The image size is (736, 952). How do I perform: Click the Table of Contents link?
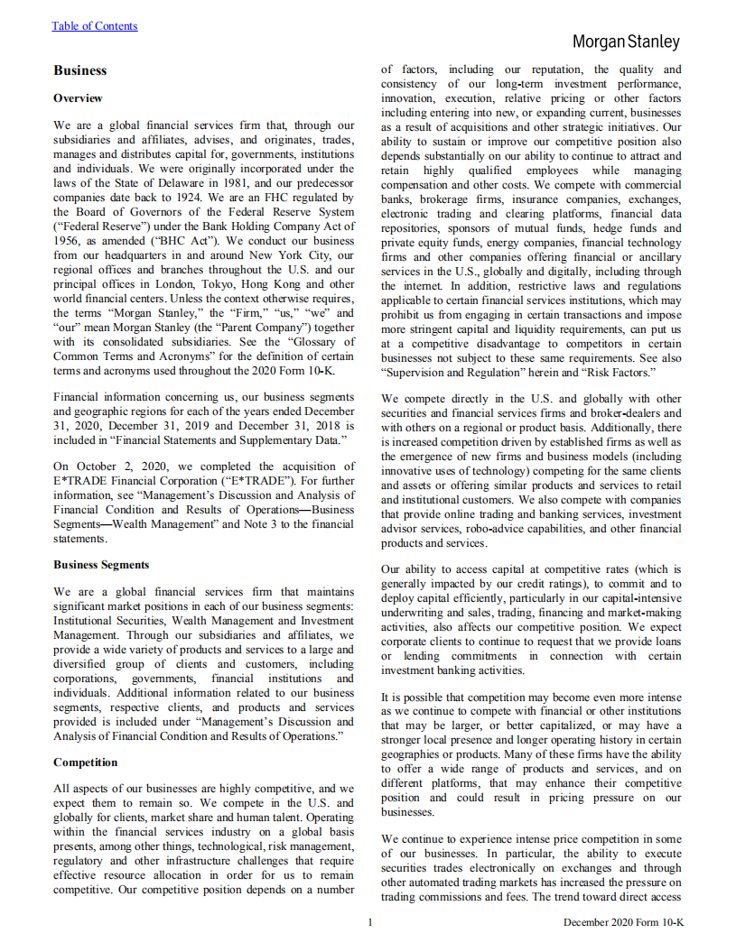(x=95, y=26)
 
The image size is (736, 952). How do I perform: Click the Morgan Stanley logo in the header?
(x=626, y=42)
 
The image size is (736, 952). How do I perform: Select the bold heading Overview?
(x=78, y=98)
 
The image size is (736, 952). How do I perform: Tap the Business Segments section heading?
(x=101, y=565)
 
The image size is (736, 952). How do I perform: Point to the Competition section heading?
(x=86, y=763)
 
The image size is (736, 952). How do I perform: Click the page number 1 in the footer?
(x=370, y=921)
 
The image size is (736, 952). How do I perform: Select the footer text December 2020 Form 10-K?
(x=623, y=922)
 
